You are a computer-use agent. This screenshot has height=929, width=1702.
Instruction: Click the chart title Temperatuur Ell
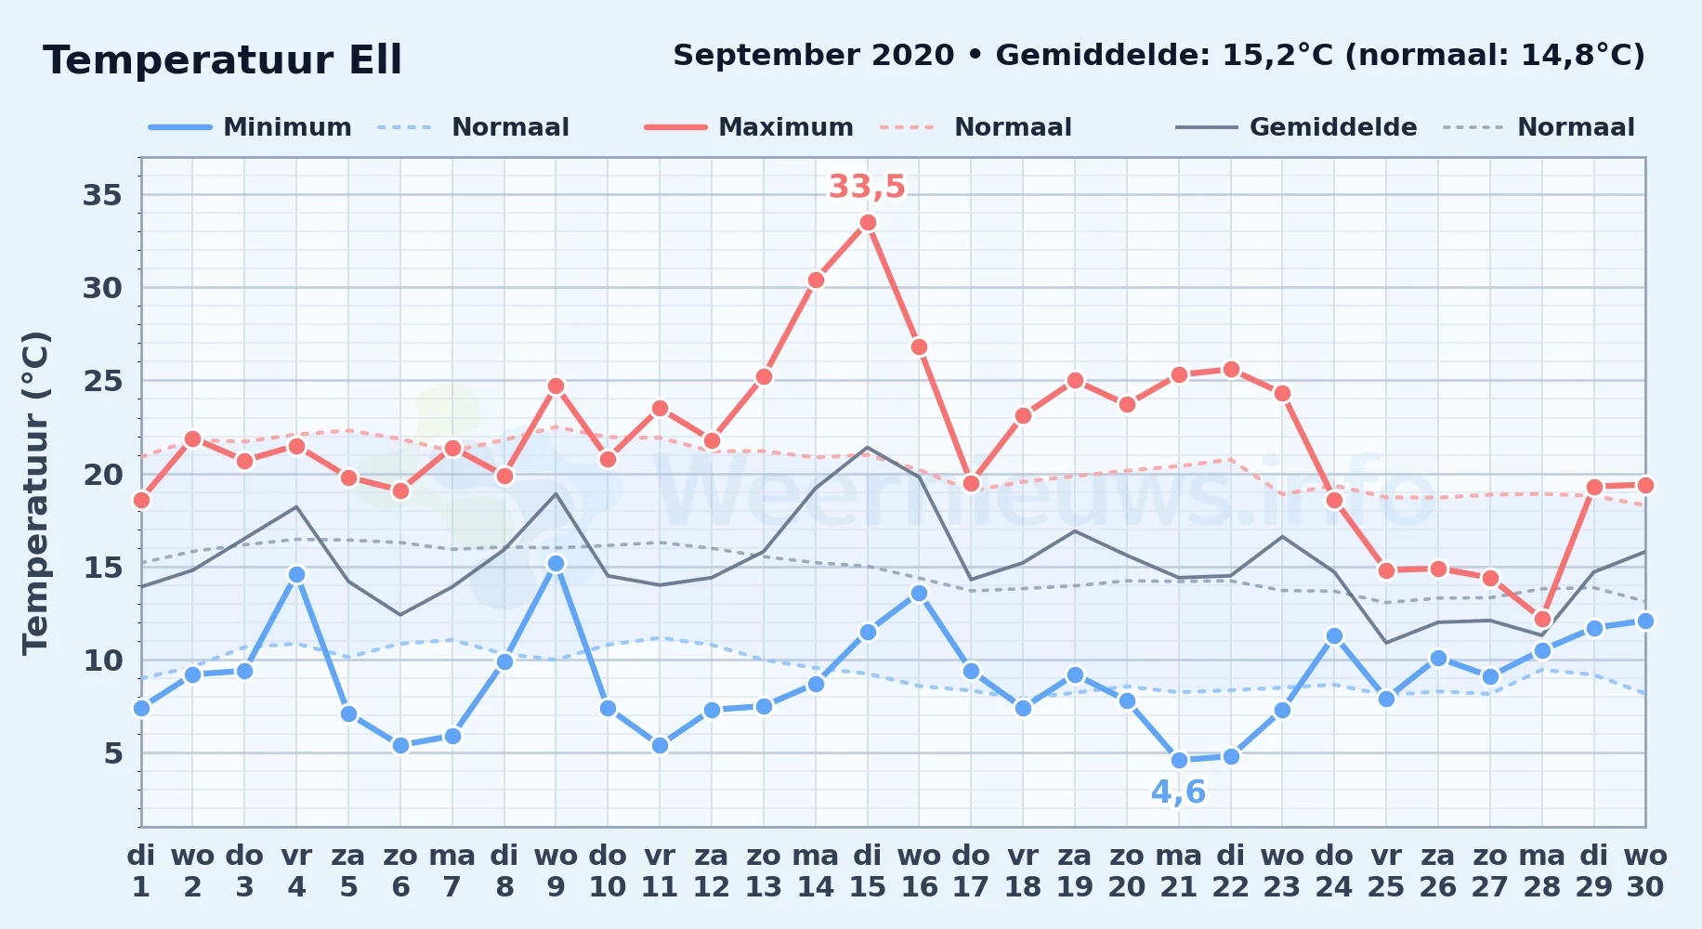point(222,60)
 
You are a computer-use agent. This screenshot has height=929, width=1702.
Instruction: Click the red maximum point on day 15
point(868,222)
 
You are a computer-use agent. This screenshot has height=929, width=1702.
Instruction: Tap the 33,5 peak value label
point(867,187)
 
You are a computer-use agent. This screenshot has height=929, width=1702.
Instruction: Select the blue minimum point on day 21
point(1179,760)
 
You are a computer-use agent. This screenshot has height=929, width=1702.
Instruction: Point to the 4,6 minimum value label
point(1178,792)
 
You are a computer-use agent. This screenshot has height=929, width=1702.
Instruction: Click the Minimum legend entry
point(250,127)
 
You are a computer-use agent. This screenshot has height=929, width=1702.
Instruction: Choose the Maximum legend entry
point(749,127)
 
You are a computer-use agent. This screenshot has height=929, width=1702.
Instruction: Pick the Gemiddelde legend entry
point(1296,127)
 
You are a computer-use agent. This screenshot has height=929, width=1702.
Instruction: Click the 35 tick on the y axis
point(102,195)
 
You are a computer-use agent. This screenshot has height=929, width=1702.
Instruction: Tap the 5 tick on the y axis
point(113,752)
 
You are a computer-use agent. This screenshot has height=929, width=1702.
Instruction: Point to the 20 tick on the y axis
point(102,474)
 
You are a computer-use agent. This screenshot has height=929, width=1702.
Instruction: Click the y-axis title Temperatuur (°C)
point(35,492)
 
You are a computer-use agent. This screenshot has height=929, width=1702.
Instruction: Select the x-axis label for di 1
point(141,871)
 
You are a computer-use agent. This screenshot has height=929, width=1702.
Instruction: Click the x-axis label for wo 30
point(1645,871)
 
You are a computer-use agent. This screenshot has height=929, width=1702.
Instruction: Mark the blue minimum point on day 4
point(296,574)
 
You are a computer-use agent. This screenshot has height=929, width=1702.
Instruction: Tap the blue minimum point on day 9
point(556,563)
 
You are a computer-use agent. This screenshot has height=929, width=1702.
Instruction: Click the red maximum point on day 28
point(1542,619)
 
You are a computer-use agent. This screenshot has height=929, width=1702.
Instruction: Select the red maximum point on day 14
point(816,280)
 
